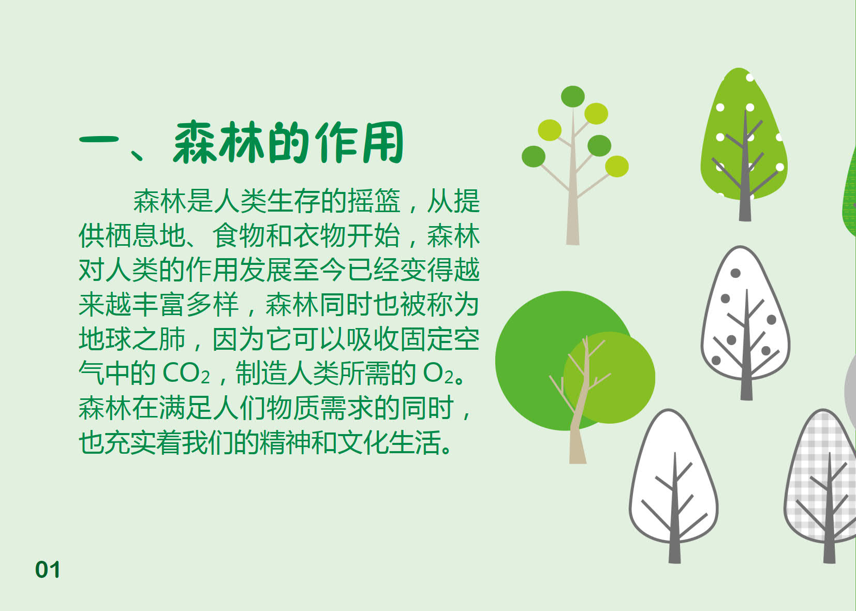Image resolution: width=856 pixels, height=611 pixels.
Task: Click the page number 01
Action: click(48, 570)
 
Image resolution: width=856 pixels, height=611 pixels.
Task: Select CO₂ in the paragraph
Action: click(186, 374)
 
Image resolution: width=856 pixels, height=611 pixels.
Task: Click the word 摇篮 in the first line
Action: click(374, 201)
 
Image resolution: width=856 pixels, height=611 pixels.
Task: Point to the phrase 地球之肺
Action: click(132, 339)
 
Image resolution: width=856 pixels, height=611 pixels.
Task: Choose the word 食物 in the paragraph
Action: click(239, 235)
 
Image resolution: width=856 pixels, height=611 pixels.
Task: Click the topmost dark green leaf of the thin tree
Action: click(573, 96)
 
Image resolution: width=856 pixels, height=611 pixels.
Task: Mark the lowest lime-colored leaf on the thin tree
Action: click(617, 166)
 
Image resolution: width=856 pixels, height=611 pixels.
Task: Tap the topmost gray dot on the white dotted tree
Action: click(735, 273)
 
